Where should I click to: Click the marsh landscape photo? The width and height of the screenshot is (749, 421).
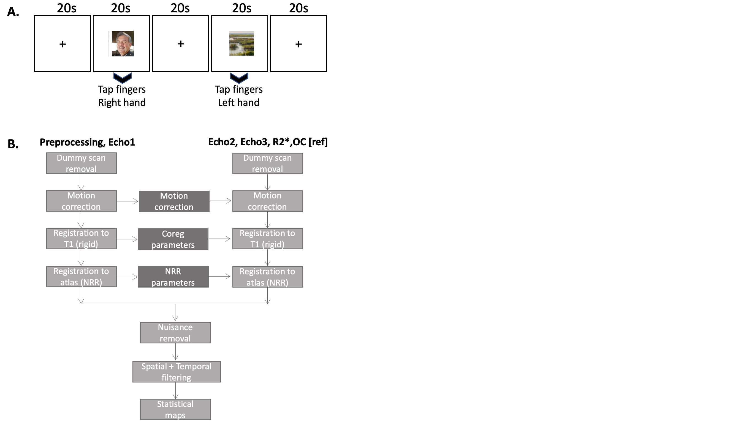click(241, 43)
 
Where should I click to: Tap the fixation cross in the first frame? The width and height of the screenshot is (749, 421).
click(63, 44)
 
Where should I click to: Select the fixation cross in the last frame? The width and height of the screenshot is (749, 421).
click(298, 44)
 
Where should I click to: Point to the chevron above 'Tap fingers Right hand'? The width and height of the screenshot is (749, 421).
click(123, 78)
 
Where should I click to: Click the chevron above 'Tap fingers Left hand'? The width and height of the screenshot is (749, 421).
click(239, 78)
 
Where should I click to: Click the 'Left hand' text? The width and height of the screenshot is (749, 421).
click(238, 103)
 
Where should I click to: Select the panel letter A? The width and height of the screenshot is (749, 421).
click(13, 12)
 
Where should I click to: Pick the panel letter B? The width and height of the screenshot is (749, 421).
click(13, 144)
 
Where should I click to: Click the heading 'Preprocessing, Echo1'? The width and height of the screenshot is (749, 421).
click(87, 142)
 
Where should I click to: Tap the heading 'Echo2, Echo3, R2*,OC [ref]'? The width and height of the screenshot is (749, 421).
click(268, 142)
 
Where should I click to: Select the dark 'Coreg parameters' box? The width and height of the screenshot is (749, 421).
click(173, 239)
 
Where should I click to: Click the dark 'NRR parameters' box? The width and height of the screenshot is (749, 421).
click(173, 277)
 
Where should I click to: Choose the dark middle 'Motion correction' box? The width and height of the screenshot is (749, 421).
click(174, 201)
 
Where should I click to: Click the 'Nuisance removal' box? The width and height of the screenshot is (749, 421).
click(175, 333)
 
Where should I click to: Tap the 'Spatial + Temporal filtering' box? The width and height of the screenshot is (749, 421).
click(177, 371)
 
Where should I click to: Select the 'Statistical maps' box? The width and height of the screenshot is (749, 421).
click(175, 409)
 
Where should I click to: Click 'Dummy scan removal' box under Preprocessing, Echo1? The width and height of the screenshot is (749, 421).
click(82, 163)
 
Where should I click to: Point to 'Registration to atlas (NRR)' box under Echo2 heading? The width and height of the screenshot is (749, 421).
click(267, 277)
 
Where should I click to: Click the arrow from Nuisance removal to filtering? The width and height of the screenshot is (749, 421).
click(175, 352)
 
